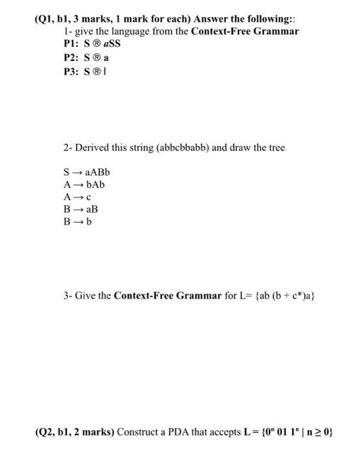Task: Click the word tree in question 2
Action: [x=276, y=147]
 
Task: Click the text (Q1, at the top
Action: [x=45, y=19]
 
